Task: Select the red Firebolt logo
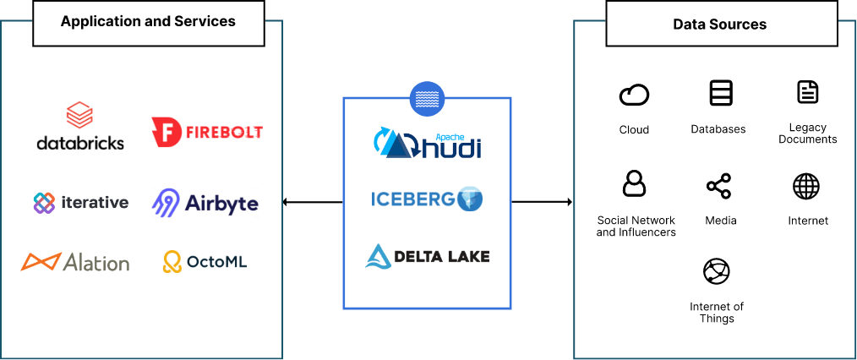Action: [x=206, y=132]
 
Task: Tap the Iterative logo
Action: [x=80, y=202]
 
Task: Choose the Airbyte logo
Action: [x=205, y=203]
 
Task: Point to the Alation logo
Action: [x=75, y=262]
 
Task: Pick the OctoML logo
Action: [x=205, y=262]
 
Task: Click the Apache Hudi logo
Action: [x=427, y=144]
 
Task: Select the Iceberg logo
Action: [x=427, y=199]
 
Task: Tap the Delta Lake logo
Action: [x=427, y=256]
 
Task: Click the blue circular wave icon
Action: [x=427, y=99]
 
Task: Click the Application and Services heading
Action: [x=148, y=21]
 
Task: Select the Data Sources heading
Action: [x=719, y=25]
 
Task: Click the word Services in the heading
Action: [x=205, y=21]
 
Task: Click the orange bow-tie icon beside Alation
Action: [x=40, y=262]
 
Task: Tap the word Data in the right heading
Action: [x=688, y=25]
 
